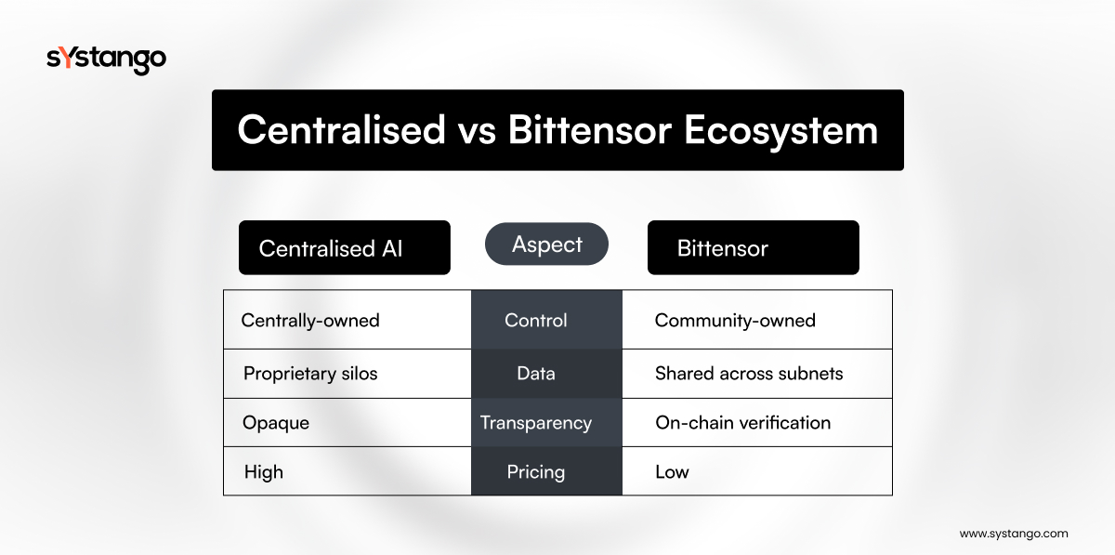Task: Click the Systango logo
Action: (106, 60)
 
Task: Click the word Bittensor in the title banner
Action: (590, 130)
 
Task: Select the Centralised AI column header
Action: (345, 247)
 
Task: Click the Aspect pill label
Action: (546, 244)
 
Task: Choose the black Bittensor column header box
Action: (754, 247)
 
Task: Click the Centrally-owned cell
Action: (348, 320)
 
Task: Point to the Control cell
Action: (546, 320)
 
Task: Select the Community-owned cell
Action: (757, 320)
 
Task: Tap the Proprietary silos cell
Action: (348, 374)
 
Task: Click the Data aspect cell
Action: (546, 374)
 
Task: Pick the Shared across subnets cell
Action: (757, 374)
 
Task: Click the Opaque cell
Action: (348, 422)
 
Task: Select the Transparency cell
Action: (546, 422)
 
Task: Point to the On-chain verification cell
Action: (757, 422)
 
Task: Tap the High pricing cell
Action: (348, 470)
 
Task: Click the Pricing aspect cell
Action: (546, 470)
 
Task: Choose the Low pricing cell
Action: (757, 470)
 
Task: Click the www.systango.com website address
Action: (1014, 534)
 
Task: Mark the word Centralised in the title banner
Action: (342, 130)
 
